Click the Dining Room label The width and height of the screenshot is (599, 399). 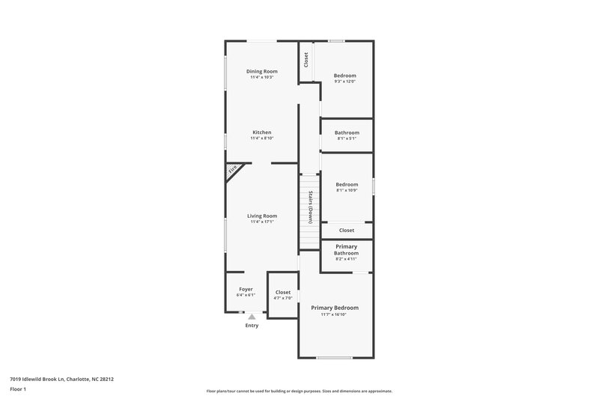pyautogui.click(x=262, y=71)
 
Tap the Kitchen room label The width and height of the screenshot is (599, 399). pyautogui.click(x=261, y=133)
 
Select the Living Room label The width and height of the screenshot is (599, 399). pyautogui.click(x=262, y=216)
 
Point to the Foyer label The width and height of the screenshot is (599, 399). pyautogui.click(x=246, y=289)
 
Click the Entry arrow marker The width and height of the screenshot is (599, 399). pyautogui.click(x=252, y=317)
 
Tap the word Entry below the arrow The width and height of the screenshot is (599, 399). pyautogui.click(x=252, y=326)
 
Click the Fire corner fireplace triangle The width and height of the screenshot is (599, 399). pyautogui.click(x=233, y=171)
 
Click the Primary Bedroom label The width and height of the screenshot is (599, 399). pyautogui.click(x=335, y=308)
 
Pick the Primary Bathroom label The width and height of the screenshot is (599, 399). pyautogui.click(x=346, y=250)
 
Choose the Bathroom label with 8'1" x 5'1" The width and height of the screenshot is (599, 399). pyautogui.click(x=347, y=133)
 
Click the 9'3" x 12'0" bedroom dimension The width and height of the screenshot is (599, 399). pyautogui.click(x=345, y=82)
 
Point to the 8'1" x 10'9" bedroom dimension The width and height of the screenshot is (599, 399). pyautogui.click(x=347, y=191)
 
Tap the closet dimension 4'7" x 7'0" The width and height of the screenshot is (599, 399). pyautogui.click(x=283, y=299)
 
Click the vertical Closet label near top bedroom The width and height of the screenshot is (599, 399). pyautogui.click(x=306, y=59)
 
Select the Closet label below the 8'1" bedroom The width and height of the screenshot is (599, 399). pyautogui.click(x=347, y=231)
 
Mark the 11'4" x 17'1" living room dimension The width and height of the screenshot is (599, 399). pyautogui.click(x=262, y=222)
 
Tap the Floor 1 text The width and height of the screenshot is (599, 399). pyautogui.click(x=19, y=390)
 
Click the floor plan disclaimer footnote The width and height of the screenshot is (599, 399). pyautogui.click(x=299, y=391)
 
